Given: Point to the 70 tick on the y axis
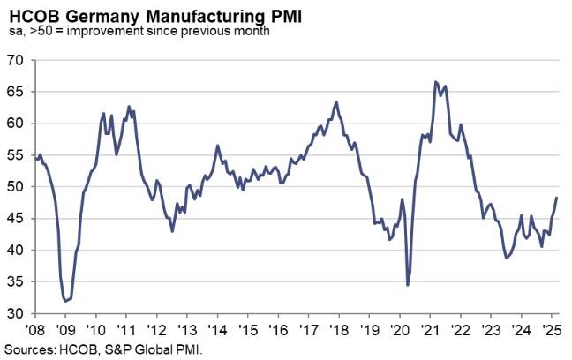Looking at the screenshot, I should click(16, 60).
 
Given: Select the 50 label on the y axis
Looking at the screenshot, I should click(16, 187).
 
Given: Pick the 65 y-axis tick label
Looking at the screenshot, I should click(16, 92).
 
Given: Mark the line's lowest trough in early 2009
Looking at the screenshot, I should click(66, 301).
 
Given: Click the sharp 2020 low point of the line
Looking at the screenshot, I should click(408, 285).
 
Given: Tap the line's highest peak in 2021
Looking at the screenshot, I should click(436, 82).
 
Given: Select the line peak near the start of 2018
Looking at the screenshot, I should click(336, 102).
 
